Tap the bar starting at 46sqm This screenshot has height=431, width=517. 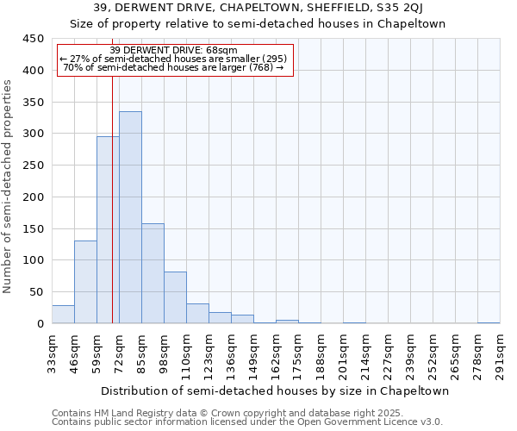pos(85,282)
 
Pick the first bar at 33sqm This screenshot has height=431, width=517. pos(63,315)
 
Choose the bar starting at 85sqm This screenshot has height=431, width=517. pos(153,273)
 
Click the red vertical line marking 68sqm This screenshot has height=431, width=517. pos(112,198)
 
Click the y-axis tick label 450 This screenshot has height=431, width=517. pos(34,39)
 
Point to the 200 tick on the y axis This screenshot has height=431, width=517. pos(34,197)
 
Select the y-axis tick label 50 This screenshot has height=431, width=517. pos(37,291)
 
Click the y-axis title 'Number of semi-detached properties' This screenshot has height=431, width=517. pos(9,185)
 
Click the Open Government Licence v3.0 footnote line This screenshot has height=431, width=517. pos(246,422)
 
